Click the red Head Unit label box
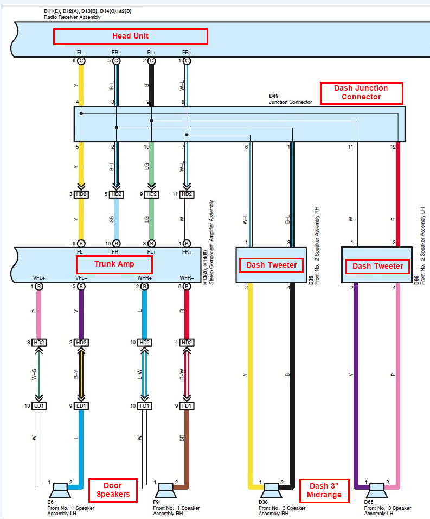coord(130,36)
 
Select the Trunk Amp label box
coord(114,264)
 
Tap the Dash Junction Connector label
coord(361,93)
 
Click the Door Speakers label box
coord(113,490)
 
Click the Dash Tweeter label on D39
coord(272,265)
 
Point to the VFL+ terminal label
coord(38,278)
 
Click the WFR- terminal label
coord(187,278)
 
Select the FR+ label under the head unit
coord(187,53)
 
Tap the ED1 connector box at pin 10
coord(39,406)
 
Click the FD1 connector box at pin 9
coord(187,406)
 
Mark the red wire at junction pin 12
coord(399,195)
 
